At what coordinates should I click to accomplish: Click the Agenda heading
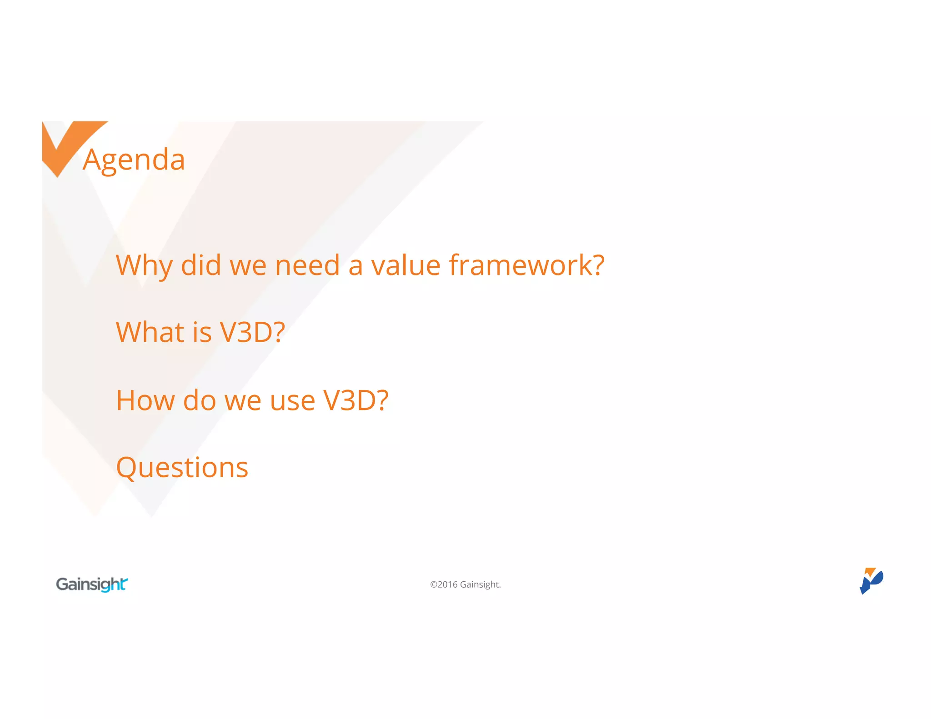click(x=134, y=160)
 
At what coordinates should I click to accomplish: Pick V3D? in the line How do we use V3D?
click(x=355, y=400)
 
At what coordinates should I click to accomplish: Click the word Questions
click(x=182, y=468)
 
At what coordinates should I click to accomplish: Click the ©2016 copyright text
click(x=444, y=584)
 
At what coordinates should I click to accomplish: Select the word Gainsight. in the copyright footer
click(x=480, y=584)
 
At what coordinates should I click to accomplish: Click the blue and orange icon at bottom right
click(x=871, y=581)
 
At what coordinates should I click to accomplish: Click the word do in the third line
click(x=199, y=400)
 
